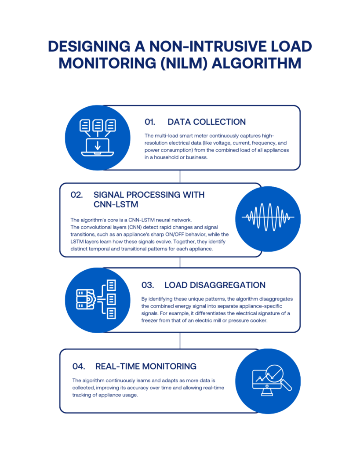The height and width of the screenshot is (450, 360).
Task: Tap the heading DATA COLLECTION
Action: click(x=207, y=122)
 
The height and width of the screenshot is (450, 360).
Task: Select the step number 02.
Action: click(x=76, y=195)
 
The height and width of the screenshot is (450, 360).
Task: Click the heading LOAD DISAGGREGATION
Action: click(x=215, y=285)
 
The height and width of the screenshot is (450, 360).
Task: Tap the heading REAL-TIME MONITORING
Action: click(x=146, y=366)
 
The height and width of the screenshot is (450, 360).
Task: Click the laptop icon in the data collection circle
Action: click(x=97, y=147)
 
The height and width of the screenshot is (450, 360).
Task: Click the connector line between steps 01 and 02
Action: click(x=180, y=176)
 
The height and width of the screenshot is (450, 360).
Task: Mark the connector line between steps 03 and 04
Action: click(x=180, y=341)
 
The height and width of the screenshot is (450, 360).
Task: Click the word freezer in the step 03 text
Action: click(x=151, y=320)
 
